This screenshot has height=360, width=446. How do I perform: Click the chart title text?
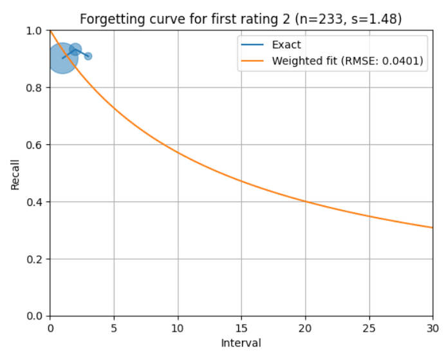point(241,19)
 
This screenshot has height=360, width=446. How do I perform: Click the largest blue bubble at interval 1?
point(62,58)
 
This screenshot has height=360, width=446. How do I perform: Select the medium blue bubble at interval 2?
point(75,50)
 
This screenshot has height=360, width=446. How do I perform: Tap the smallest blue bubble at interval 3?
point(88,56)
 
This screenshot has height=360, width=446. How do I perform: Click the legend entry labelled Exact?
point(286,45)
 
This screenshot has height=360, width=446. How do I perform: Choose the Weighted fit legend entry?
point(347,61)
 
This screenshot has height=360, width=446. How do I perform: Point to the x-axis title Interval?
point(241,343)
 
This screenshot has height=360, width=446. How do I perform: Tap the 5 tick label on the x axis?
point(114,327)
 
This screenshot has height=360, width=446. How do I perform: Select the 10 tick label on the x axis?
point(178,327)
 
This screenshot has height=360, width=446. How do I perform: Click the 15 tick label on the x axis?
point(241,327)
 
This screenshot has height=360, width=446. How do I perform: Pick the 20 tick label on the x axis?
point(305,327)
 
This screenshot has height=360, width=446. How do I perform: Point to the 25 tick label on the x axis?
point(369,327)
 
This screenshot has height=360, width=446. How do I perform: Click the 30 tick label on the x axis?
point(432,327)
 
